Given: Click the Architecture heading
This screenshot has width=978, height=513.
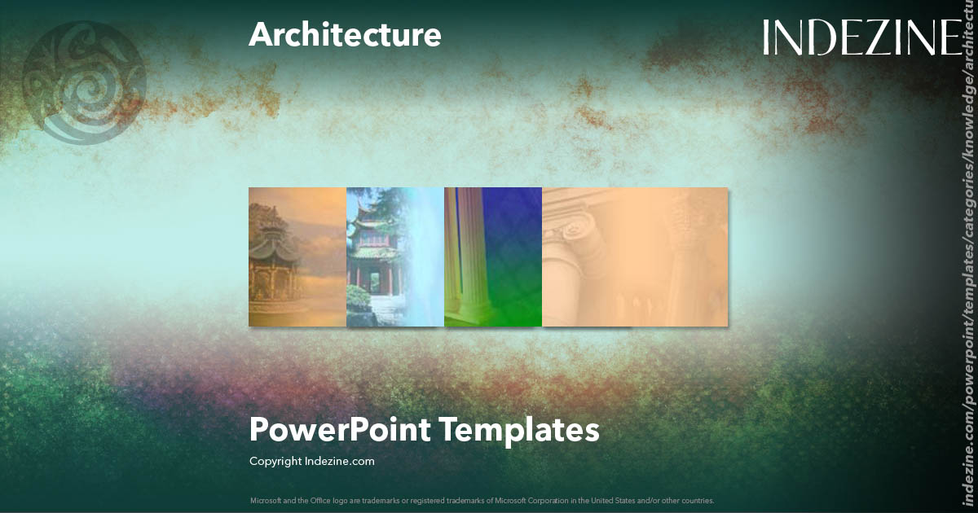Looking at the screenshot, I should tap(345, 35).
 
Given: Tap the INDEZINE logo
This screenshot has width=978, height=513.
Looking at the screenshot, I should tap(862, 38).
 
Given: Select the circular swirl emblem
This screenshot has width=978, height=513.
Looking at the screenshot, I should tap(84, 83).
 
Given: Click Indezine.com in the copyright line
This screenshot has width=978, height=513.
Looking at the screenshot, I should tap(339, 461).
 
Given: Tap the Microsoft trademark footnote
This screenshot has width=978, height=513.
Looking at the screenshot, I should tap(482, 500).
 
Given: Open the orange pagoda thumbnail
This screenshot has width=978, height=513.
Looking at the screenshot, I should tap(297, 256).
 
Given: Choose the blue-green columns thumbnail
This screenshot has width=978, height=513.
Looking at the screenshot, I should tap(493, 256).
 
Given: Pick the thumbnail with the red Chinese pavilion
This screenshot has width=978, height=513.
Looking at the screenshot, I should tap(395, 256).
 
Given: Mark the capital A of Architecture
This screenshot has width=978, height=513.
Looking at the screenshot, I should tap(260, 35).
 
